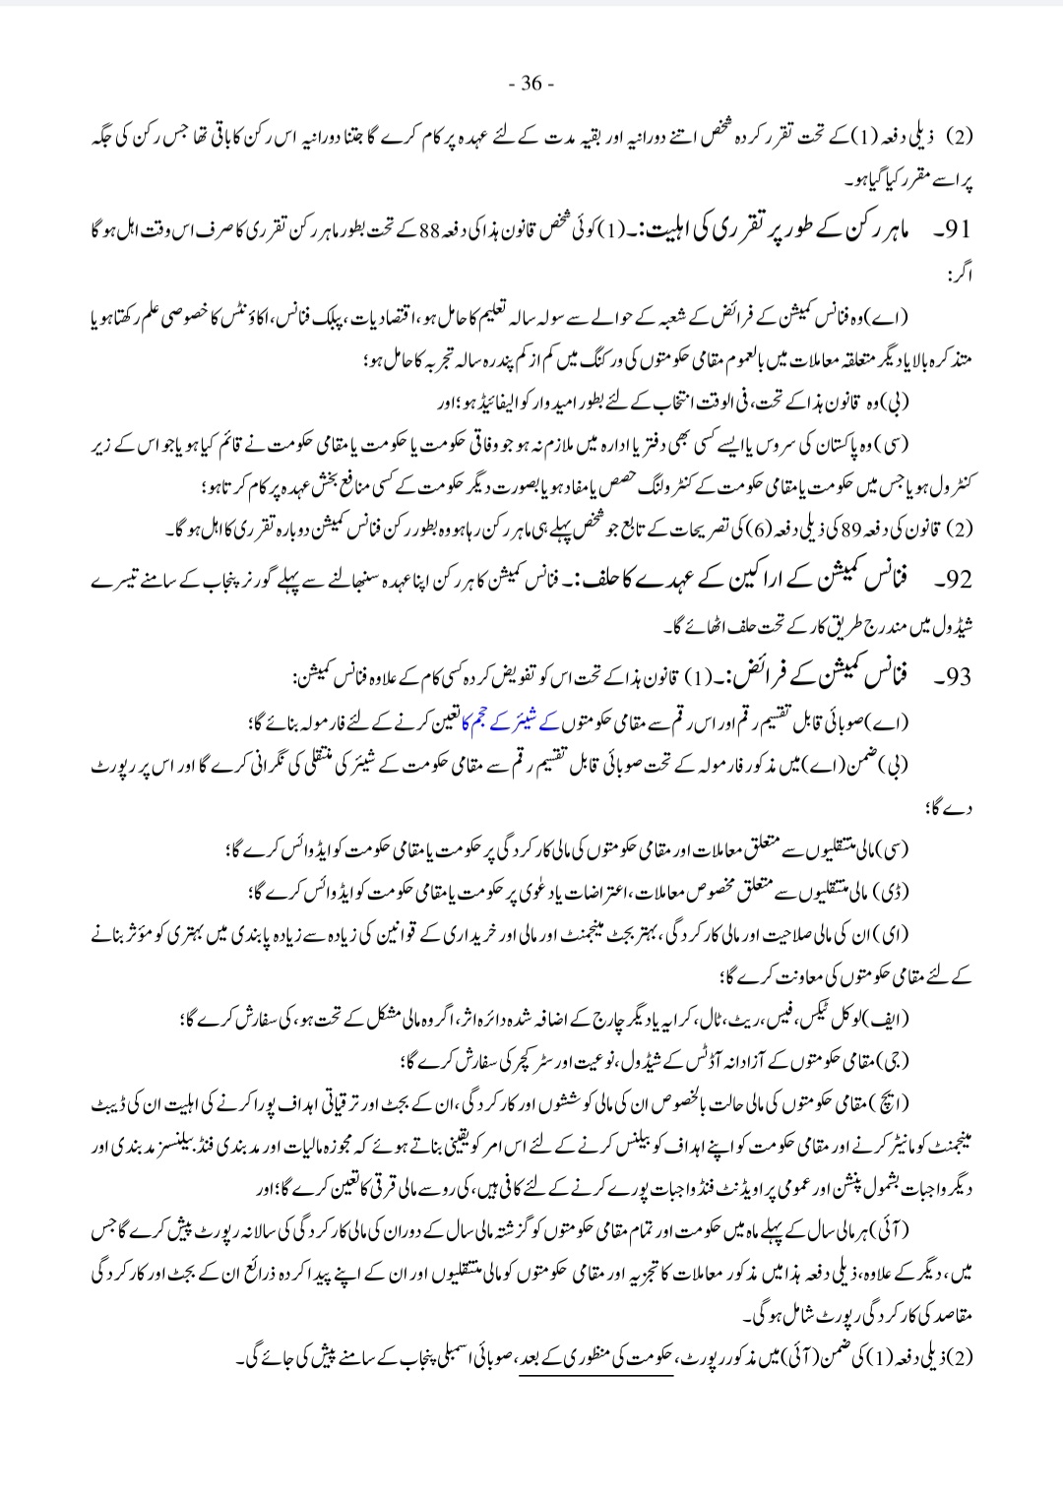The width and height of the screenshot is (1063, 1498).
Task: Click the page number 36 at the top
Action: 531,84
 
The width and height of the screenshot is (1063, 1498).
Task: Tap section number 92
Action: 957,580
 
